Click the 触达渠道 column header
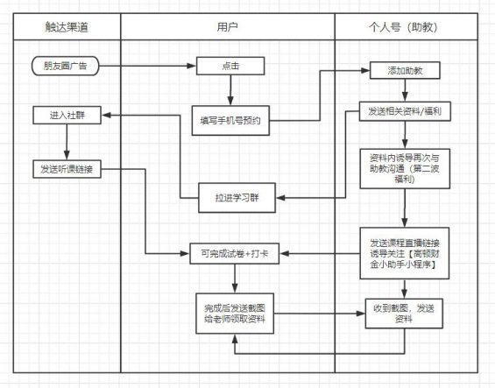click(67, 26)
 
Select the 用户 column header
click(228, 26)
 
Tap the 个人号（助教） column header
click(404, 26)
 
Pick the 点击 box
click(230, 65)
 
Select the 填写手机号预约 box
click(230, 121)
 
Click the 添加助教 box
click(402, 69)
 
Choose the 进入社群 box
click(66, 115)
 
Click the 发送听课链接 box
click(66, 167)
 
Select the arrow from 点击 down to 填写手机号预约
click(230, 89)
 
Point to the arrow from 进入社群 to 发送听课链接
click(66, 141)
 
